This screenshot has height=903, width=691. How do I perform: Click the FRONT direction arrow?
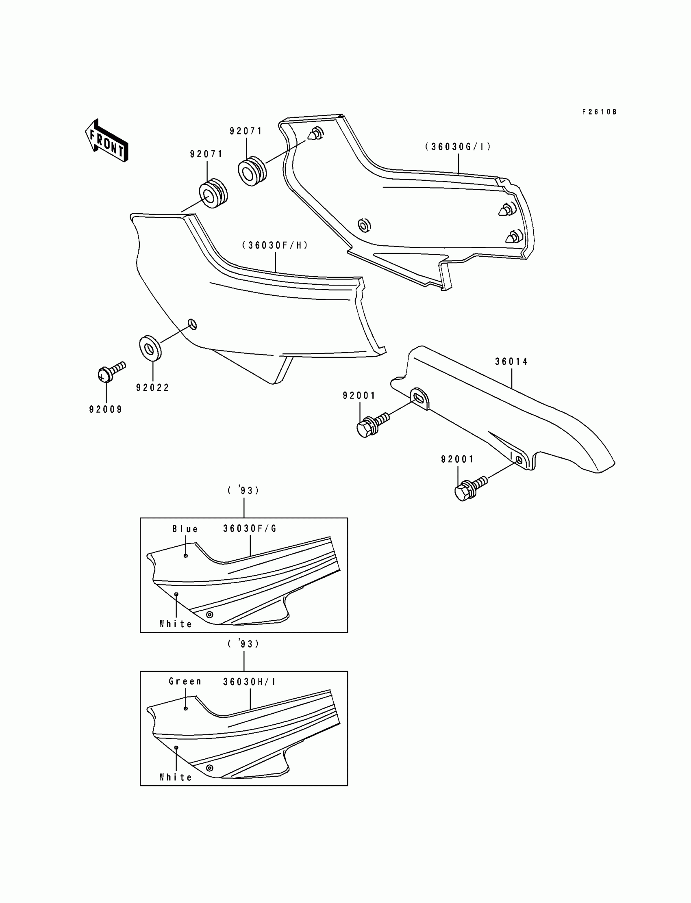[106, 141]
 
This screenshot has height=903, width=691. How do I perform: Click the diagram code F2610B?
[599, 112]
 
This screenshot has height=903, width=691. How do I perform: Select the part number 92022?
[152, 388]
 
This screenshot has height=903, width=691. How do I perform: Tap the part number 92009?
[106, 409]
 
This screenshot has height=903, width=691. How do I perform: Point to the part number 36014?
[511, 362]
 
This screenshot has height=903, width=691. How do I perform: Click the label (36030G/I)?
[458, 147]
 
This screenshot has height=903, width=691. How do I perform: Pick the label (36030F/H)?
[275, 245]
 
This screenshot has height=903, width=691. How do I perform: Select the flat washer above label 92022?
[150, 348]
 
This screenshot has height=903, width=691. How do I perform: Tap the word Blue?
[185, 529]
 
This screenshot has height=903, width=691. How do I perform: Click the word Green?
[185, 682]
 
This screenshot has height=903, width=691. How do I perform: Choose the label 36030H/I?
[249, 682]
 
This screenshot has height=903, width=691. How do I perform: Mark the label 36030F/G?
[250, 529]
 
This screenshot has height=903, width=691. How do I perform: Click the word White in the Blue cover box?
[176, 624]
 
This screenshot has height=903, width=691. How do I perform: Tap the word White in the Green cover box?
[176, 777]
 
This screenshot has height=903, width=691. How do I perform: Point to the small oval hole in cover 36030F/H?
[193, 324]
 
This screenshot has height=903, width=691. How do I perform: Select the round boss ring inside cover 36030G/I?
[364, 225]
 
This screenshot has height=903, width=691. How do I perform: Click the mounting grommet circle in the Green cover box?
[209, 768]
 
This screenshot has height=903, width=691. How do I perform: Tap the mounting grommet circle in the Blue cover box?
[209, 615]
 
